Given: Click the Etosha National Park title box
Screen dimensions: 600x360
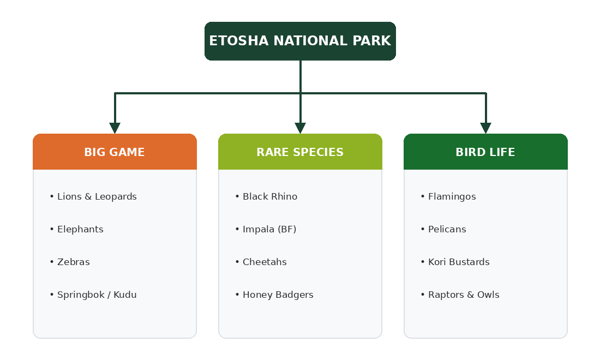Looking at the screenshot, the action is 300,41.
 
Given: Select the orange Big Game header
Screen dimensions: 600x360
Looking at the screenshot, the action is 115,152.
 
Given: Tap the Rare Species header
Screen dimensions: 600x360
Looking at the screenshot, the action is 300,152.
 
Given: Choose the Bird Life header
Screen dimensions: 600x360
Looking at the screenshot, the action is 485,152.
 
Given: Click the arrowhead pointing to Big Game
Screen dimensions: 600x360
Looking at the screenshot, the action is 115,128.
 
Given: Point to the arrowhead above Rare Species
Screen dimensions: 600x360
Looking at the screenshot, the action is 301,128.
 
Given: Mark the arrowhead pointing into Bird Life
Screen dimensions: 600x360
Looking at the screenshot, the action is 485,128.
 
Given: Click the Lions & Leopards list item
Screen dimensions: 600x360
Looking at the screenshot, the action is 97,197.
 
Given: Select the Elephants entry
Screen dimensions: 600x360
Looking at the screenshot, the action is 80,230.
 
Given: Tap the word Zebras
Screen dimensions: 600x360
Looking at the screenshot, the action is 74,262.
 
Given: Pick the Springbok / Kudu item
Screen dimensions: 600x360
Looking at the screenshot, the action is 97,295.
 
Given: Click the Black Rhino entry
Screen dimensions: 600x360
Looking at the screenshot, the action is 270,197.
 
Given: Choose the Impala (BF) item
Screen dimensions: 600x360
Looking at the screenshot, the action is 269,230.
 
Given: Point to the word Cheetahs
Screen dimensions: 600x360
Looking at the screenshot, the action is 265,262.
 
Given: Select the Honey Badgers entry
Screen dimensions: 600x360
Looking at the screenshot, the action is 278,295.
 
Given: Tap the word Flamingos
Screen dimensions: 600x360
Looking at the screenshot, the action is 452,197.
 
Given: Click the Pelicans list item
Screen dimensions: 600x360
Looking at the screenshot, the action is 447,230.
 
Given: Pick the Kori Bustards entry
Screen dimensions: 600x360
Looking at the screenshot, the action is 459,262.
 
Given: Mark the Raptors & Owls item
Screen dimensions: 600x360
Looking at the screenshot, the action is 464,295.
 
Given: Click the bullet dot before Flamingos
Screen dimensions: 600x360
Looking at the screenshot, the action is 423,197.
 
